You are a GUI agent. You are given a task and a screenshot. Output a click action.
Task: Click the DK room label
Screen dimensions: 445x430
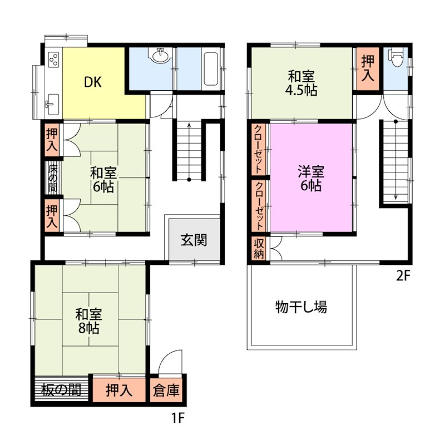[x=93, y=82]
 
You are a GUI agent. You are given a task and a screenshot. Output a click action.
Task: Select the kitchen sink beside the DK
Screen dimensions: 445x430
[x=53, y=104]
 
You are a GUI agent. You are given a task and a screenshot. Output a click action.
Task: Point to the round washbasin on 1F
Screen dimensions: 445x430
[x=161, y=55]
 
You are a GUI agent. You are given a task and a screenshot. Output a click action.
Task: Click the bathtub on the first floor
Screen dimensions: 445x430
[x=211, y=68]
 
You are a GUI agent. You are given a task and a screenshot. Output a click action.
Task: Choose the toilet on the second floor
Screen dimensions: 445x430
[x=395, y=58]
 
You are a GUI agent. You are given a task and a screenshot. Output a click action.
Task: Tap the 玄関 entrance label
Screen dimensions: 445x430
[x=194, y=240]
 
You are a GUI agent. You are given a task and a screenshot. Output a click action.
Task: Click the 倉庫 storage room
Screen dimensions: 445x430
[x=166, y=391]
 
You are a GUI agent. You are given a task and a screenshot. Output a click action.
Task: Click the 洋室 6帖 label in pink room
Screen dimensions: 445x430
[x=311, y=179]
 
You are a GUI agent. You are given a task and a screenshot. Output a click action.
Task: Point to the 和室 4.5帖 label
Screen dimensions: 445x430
[x=301, y=83]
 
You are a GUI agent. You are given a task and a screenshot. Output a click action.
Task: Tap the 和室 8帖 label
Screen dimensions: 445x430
[x=88, y=321]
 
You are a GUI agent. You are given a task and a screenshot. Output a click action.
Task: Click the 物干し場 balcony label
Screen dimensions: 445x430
[x=301, y=307]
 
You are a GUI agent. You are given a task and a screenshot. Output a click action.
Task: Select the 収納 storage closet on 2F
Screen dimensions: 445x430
[x=259, y=249]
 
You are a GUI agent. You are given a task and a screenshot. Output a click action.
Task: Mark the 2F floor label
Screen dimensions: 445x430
[x=403, y=275]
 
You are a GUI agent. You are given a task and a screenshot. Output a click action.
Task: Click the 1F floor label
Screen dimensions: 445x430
[x=178, y=418]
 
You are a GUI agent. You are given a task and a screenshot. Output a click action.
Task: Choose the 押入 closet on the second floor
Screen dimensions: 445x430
[x=368, y=68]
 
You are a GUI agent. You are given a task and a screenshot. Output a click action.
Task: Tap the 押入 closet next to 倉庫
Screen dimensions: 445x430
[x=119, y=390]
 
